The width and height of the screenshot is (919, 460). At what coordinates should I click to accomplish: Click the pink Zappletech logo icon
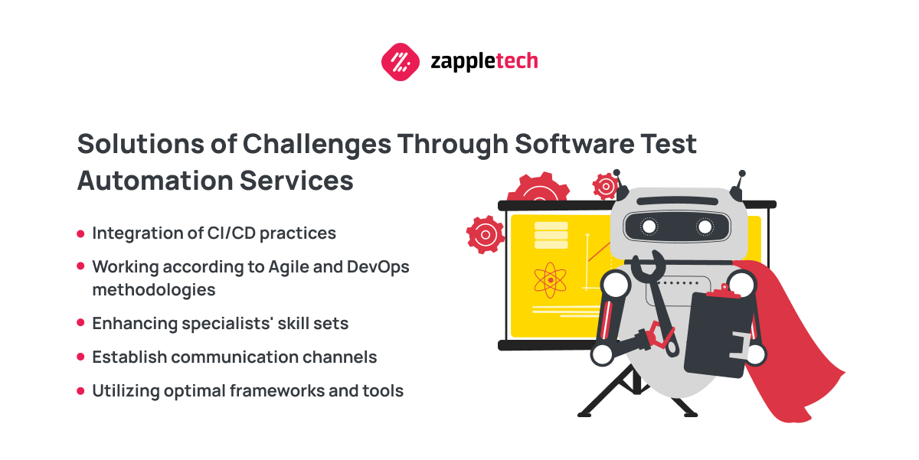(x=401, y=62)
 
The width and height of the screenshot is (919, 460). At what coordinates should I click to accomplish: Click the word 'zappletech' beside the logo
(x=484, y=62)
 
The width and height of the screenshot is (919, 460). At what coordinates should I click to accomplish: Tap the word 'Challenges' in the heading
(x=317, y=145)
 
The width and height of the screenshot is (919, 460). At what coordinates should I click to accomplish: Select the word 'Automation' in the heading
(x=155, y=181)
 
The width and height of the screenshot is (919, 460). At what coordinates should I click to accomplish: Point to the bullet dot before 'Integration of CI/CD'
(x=80, y=233)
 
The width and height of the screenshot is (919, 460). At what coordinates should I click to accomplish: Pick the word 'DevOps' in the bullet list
(x=378, y=267)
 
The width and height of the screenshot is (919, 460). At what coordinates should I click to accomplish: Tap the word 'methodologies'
(x=154, y=290)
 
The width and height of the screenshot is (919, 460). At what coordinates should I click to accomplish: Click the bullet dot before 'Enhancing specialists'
(x=80, y=323)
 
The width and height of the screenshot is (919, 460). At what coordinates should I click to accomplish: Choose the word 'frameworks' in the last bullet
(x=276, y=390)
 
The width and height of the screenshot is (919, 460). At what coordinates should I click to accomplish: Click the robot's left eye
(x=649, y=226)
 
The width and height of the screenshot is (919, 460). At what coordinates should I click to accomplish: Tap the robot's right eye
(x=705, y=227)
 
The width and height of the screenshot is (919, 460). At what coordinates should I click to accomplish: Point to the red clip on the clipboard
(x=724, y=291)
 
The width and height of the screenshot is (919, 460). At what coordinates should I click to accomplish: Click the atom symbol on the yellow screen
(x=550, y=280)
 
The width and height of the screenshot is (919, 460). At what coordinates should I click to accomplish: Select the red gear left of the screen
(x=486, y=235)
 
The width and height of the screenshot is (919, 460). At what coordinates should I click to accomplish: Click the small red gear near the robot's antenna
(x=605, y=187)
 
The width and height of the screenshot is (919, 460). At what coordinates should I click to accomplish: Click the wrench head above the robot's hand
(x=648, y=264)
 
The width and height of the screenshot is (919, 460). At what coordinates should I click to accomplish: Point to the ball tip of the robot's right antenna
(x=742, y=174)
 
